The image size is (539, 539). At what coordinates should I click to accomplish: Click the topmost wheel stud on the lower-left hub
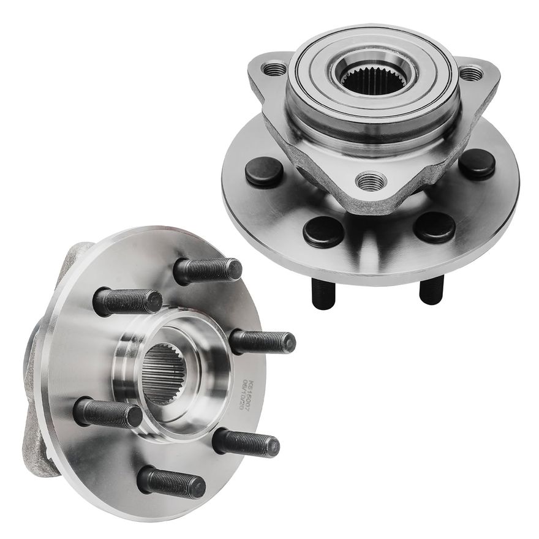(x=208, y=270)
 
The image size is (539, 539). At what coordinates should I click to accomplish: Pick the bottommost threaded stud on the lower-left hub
(x=171, y=482)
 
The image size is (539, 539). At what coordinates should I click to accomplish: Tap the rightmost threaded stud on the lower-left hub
(x=263, y=342)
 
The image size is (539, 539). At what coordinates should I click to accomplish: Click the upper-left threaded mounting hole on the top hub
(x=274, y=69)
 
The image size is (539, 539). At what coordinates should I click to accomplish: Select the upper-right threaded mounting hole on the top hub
(x=471, y=73)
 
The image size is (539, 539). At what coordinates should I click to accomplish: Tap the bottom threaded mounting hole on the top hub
(x=372, y=181)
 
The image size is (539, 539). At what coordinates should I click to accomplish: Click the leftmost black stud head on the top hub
(x=264, y=172)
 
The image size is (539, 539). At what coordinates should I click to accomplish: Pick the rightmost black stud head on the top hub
(x=477, y=164)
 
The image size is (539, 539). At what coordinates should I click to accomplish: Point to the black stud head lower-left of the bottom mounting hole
(x=323, y=232)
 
